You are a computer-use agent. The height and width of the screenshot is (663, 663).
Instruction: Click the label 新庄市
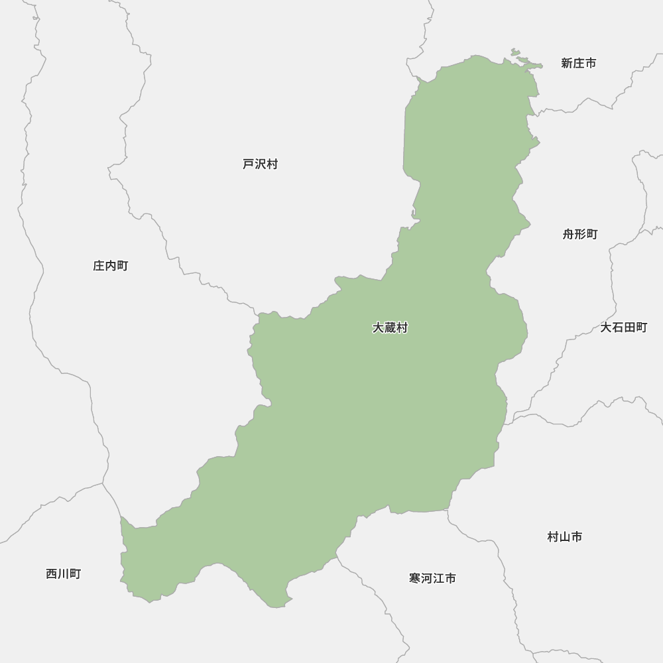(x=578, y=63)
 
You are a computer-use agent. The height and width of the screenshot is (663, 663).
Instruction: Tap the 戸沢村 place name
(x=260, y=164)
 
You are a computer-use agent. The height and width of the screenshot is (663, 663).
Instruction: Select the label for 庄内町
(x=110, y=266)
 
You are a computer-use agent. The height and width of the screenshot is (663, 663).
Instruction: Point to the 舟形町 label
(x=580, y=234)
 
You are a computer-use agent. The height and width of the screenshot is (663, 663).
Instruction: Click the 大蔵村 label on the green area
(x=390, y=328)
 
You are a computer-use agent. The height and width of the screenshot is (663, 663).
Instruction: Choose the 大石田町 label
(x=623, y=328)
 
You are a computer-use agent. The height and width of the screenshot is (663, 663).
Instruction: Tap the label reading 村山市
(x=564, y=537)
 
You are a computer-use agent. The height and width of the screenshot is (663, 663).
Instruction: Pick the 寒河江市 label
(x=432, y=578)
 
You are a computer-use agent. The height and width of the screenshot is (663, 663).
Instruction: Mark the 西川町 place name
(x=63, y=574)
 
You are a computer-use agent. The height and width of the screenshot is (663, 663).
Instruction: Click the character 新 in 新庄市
(x=567, y=63)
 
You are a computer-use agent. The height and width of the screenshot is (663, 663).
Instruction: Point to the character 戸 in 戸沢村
(x=249, y=164)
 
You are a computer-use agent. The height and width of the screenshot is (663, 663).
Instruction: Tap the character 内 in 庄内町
(x=110, y=266)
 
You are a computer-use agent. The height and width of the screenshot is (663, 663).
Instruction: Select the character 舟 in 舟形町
(x=569, y=234)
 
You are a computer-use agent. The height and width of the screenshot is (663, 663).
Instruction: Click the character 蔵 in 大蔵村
(x=390, y=328)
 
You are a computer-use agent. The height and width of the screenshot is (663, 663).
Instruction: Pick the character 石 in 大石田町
(x=618, y=328)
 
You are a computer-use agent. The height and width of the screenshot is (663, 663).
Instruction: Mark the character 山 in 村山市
(x=564, y=537)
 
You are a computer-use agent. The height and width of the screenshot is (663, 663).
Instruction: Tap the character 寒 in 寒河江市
(x=415, y=578)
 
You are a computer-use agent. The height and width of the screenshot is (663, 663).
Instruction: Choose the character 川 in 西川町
(x=63, y=574)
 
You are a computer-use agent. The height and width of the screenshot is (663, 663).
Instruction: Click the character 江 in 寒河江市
(x=438, y=578)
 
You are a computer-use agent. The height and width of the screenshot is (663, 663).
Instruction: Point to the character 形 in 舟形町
(x=580, y=234)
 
